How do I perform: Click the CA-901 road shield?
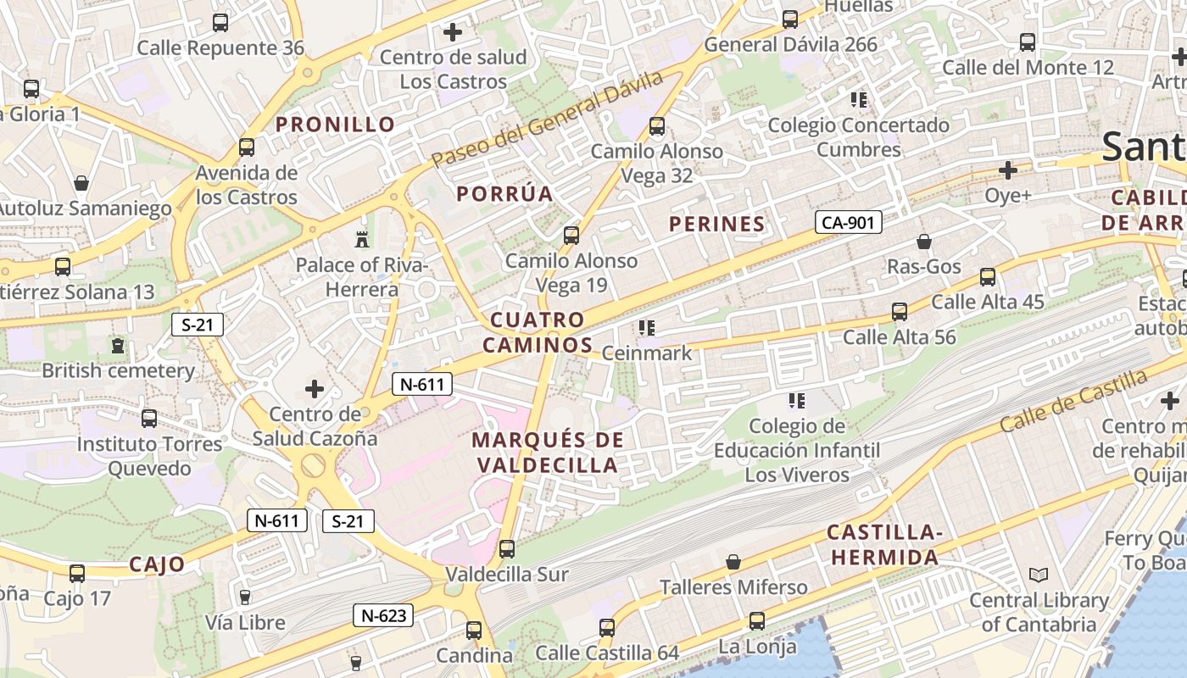tap(849, 223)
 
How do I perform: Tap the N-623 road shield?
tap(383, 616)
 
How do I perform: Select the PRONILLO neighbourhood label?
tap(336, 125)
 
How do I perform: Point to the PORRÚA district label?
tap(504, 194)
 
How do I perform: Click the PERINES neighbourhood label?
tap(717, 225)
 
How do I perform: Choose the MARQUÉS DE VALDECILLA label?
tap(548, 453)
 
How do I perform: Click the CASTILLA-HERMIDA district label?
tap(884, 545)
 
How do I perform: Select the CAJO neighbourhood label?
tap(157, 564)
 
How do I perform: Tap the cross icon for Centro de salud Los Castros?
tap(453, 32)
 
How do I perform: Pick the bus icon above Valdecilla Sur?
tap(507, 548)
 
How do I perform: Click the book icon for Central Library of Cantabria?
tap(1039, 575)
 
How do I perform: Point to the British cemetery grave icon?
tap(118, 345)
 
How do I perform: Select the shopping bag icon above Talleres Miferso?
tap(733, 562)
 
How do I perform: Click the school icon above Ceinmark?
tap(647, 327)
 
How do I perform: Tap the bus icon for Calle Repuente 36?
tap(220, 23)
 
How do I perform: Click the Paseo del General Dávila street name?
tap(547, 119)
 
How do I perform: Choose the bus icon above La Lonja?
tap(757, 621)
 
